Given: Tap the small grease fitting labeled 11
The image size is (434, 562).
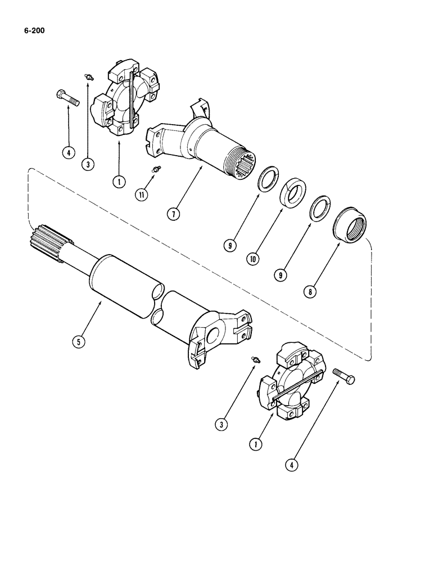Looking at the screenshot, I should (x=157, y=170).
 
